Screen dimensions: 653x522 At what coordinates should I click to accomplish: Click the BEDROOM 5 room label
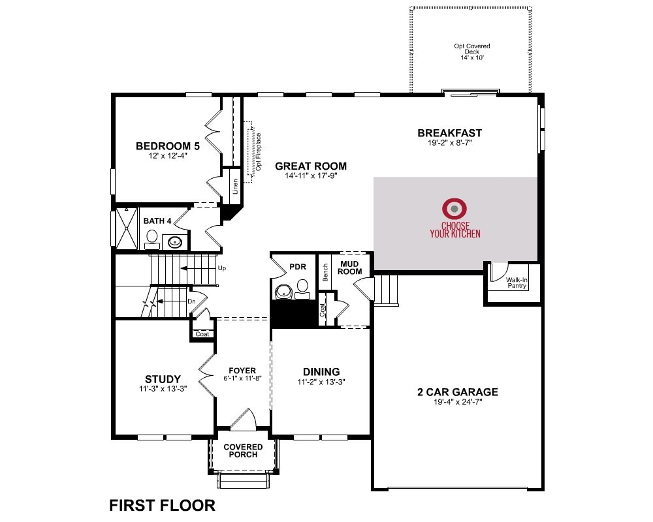[168, 146]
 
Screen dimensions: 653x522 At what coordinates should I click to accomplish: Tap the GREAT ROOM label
[311, 166]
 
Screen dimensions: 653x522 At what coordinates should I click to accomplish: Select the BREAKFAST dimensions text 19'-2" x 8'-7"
[449, 143]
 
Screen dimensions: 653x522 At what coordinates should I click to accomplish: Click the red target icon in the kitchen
[454, 209]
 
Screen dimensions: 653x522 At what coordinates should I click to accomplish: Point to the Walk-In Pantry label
[517, 283]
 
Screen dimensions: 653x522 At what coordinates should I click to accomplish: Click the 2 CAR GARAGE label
[458, 391]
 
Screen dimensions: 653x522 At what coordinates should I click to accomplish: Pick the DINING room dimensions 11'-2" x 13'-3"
[321, 382]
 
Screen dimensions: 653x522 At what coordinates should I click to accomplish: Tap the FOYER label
[242, 371]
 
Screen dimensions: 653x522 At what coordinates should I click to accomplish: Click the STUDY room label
[163, 379]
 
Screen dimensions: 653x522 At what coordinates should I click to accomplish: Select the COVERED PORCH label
[243, 450]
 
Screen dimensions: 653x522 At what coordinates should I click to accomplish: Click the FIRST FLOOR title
[163, 505]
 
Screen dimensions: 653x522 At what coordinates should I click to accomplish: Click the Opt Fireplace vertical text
[259, 151]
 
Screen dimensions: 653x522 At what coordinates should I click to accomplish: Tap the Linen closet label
[235, 187]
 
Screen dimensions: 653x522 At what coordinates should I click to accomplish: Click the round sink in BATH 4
[174, 241]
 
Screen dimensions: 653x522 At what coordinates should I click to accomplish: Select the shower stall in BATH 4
[127, 228]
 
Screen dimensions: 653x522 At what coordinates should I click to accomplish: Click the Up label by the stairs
[222, 268]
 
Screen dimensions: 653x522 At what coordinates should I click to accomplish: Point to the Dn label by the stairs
[191, 301]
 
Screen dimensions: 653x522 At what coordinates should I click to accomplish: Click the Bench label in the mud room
[325, 272]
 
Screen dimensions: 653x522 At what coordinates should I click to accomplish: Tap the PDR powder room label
[298, 267]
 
